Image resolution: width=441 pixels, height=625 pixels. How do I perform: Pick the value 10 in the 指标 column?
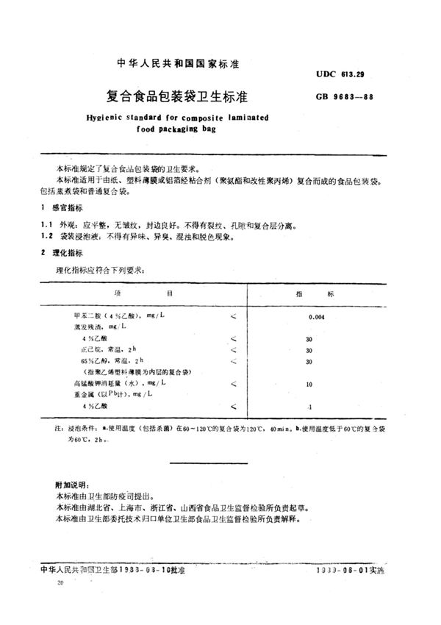[309, 384]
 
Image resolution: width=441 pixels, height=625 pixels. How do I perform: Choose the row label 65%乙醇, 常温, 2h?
[114, 361]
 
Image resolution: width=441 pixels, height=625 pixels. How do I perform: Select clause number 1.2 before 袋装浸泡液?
[47, 237]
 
